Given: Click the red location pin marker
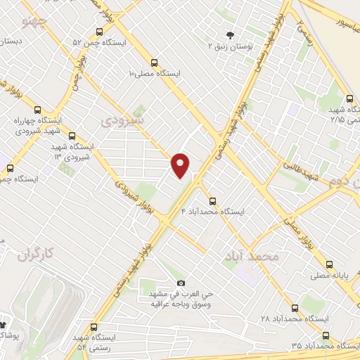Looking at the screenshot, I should (x=181, y=165).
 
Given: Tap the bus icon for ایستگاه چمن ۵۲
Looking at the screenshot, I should (x=98, y=32).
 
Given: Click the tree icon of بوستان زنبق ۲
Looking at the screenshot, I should (x=229, y=34).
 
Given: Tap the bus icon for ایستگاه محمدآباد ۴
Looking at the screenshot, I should (x=213, y=200).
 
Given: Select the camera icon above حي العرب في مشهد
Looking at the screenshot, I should (x=181, y=283).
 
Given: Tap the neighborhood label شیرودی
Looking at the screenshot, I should (x=123, y=120).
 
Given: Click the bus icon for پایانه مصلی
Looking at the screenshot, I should (x=330, y=265).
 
